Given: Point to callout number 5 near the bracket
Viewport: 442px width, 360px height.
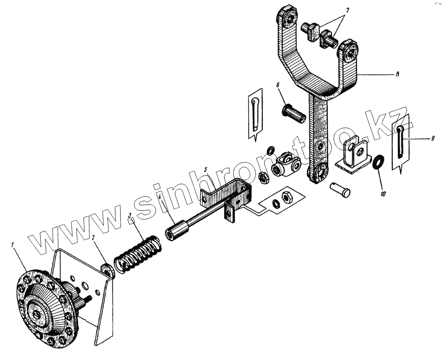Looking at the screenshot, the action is click(x=205, y=169).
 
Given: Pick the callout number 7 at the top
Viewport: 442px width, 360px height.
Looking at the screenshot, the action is click(x=347, y=10).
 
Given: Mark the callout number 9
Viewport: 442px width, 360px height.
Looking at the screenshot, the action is click(x=433, y=138).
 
